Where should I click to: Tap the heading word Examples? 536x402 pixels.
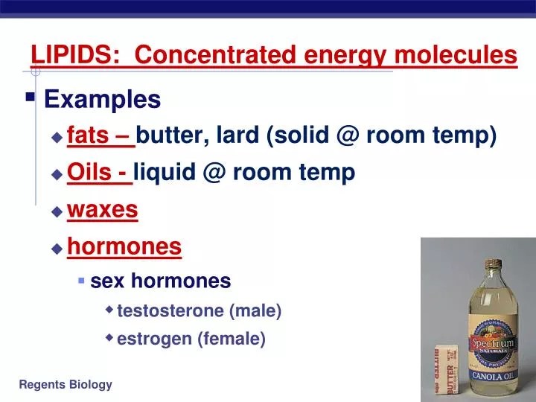(103, 99)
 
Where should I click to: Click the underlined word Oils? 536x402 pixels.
(88, 173)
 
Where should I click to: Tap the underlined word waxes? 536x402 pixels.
(103, 210)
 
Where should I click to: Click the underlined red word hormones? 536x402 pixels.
(124, 246)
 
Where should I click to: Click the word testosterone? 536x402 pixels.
(171, 310)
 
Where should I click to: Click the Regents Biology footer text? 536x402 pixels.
(66, 384)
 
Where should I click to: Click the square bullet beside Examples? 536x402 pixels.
(31, 97)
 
